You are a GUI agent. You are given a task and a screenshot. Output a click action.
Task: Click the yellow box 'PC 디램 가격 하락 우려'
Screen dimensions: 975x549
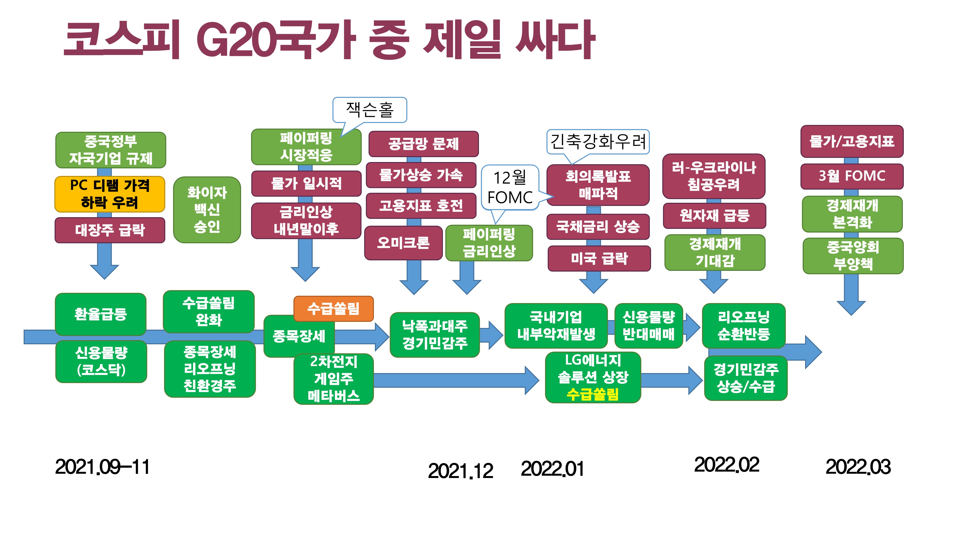coord(110,194)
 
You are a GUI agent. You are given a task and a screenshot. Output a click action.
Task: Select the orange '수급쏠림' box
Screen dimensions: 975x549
coord(333,308)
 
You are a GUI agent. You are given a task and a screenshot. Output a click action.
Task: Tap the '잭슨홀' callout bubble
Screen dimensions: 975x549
coord(370,110)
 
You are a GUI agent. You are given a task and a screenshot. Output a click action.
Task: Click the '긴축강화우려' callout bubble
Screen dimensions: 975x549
coord(598,142)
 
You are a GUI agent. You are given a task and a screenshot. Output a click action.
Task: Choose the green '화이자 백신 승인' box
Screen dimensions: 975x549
coord(207,210)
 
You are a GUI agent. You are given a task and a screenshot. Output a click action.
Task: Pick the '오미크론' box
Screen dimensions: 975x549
coord(403,243)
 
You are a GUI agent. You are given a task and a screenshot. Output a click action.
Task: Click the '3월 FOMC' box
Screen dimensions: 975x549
coord(852,176)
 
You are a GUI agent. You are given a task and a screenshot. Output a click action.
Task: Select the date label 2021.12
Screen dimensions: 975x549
coord(461,471)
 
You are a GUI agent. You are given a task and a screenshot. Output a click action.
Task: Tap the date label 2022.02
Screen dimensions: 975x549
coord(727,465)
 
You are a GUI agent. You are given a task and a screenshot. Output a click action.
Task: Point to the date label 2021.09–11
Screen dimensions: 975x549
coord(102,467)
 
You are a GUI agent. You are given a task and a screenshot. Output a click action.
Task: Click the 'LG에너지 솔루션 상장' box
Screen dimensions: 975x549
coord(593,377)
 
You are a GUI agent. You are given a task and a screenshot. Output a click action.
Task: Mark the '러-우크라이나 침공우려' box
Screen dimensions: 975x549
coord(714,176)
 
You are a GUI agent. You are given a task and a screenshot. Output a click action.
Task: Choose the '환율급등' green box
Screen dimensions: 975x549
coord(101,314)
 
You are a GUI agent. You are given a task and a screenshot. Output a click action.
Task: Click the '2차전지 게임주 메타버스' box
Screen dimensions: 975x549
coord(333,379)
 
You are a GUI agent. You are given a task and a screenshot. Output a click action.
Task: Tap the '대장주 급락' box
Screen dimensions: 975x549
coord(110,230)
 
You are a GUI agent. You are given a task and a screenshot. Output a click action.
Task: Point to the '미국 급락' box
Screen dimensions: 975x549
coord(599,258)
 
